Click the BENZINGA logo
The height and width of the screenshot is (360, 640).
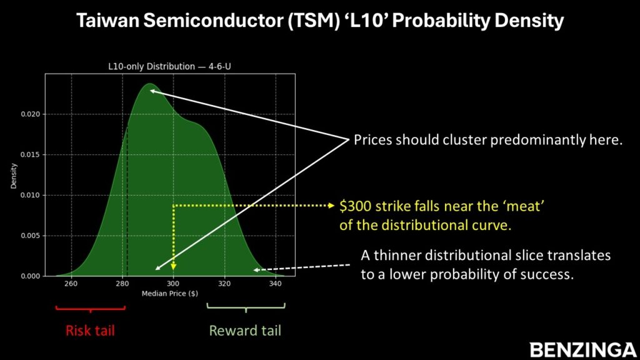pos(583,350)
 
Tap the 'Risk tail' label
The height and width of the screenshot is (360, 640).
pos(90,330)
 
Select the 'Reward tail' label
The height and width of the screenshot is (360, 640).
pos(245,330)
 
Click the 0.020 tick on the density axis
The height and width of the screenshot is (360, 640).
pos(31,114)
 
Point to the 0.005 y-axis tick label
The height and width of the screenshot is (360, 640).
pos(31,236)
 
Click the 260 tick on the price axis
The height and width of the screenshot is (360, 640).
pos(71,283)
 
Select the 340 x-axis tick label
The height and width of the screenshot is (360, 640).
pos(276,283)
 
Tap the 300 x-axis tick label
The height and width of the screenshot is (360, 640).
pos(173,283)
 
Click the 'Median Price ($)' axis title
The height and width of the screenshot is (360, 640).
pos(170,294)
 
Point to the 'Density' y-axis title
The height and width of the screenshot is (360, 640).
pos(14,176)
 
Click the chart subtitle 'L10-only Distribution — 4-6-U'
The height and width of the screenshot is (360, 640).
pos(169,66)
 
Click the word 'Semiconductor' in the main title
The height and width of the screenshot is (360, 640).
pos(213,21)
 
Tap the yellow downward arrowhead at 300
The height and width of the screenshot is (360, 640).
pos(174,266)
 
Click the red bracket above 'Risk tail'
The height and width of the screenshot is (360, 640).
pos(90,309)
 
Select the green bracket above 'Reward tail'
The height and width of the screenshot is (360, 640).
pos(246,307)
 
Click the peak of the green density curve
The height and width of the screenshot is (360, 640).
pos(150,84)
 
